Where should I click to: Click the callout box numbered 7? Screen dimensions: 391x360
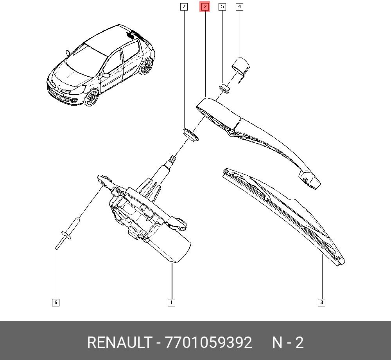[x=184, y=7]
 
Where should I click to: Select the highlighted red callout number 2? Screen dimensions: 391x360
[x=205, y=7]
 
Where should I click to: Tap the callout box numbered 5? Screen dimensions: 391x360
[x=222, y=7]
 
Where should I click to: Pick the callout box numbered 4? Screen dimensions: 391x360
[x=239, y=7]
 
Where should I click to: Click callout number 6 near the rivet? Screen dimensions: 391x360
[x=56, y=302]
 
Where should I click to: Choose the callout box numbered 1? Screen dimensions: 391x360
[x=171, y=302]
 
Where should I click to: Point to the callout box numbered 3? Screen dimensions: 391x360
[x=322, y=302]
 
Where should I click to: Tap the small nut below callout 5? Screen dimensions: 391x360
[x=224, y=88]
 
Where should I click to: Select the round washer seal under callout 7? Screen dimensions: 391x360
[x=191, y=135]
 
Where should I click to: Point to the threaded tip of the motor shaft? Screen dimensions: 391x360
[x=172, y=159]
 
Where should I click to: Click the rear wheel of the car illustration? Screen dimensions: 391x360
[x=146, y=66]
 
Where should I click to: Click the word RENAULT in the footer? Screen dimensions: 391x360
[x=119, y=342]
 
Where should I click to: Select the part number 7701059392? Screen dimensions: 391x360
[x=208, y=342]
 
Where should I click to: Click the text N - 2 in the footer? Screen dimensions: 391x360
[x=288, y=342]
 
